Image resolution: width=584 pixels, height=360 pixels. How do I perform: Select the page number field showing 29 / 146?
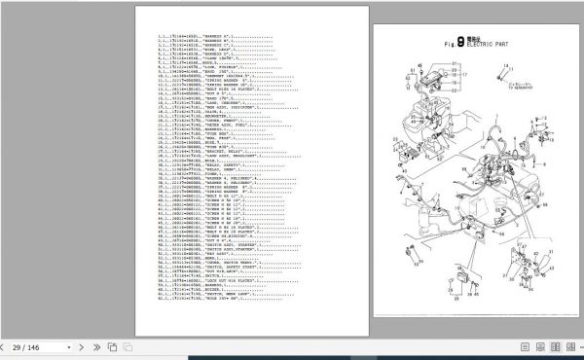click(x=29, y=346)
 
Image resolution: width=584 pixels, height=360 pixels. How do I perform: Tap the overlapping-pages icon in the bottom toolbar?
click(x=113, y=346)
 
